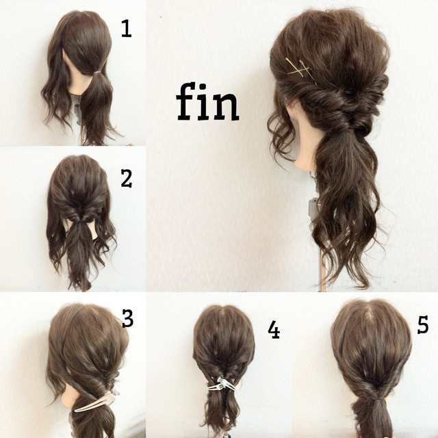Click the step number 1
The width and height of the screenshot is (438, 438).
pos(126,29)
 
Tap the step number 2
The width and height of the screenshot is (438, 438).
pos(127,178)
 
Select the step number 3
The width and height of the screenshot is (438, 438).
pos(127,319)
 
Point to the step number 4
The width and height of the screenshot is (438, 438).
pos(274,330)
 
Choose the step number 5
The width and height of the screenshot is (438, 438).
pos(423,324)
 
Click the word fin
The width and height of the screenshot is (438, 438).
pos(207,101)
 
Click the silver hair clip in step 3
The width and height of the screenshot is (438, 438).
pos(96,401)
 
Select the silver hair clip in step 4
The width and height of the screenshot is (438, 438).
pos(224,384)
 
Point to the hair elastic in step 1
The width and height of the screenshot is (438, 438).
pos(97,73)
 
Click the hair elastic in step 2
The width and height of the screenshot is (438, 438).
pos(80,222)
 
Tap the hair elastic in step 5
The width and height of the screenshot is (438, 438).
pos(377,399)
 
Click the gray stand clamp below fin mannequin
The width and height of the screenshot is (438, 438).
pos(313,208)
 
